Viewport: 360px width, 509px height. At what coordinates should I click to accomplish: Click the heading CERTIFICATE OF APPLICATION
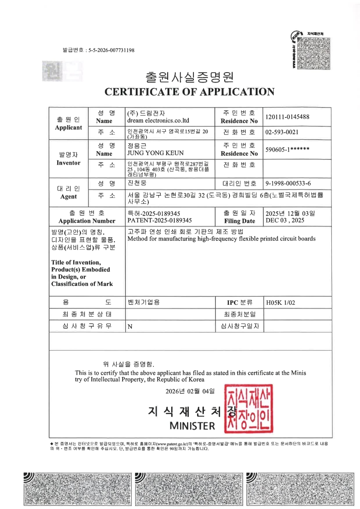click(189, 92)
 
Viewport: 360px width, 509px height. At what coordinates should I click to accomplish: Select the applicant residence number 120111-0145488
click(287, 117)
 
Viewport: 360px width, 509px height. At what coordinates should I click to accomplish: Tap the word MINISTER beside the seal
click(192, 426)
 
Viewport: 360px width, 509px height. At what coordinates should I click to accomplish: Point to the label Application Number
click(87, 221)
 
